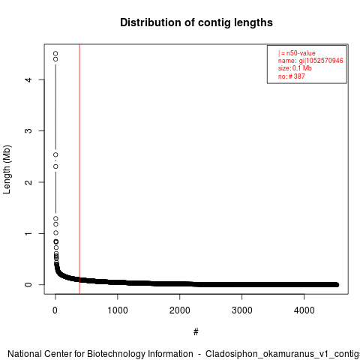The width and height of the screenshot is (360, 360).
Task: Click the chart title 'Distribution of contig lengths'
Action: point(196,22)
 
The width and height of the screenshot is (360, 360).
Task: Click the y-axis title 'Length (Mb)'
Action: point(7,169)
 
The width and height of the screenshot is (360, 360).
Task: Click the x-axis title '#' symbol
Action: point(196,331)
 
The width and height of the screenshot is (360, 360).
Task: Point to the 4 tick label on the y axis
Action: point(28,79)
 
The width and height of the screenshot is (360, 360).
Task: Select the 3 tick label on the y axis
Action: point(28,130)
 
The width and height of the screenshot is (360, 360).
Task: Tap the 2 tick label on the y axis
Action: point(28,182)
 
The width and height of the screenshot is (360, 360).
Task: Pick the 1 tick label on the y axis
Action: point(28,233)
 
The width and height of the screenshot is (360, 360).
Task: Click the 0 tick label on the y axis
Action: point(28,284)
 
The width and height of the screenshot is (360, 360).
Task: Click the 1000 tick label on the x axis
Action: point(118,310)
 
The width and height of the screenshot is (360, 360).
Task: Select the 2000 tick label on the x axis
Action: point(179,310)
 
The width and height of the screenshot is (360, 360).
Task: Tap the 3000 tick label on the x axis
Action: point(241,310)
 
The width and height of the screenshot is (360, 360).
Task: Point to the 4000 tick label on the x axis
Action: point(304,310)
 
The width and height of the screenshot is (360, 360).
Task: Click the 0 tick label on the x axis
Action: point(55,310)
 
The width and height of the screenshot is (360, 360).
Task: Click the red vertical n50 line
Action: point(79,169)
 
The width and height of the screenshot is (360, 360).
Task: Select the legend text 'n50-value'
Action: point(301,53)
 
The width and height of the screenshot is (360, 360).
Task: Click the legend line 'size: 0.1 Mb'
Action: point(295,68)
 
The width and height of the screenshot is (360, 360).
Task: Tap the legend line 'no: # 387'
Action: point(292,76)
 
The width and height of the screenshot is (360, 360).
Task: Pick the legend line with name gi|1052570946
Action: point(310,61)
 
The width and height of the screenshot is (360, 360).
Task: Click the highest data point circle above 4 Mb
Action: point(55,53)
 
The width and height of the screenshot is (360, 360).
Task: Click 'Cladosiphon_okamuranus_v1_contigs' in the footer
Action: point(283,354)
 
